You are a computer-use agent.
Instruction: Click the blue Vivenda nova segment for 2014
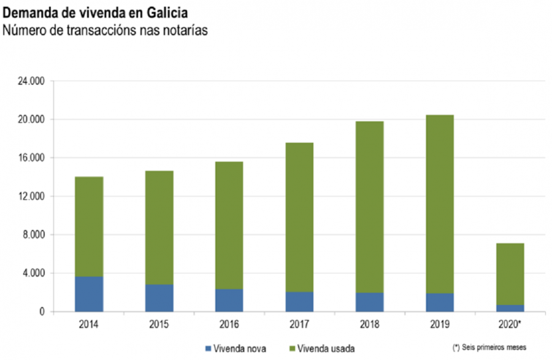click(89, 294)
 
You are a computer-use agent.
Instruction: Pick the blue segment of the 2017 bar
click(299, 302)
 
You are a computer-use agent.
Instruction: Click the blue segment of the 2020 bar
click(510, 308)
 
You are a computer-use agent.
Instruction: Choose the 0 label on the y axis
click(42, 312)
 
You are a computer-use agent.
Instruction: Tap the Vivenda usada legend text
click(330, 348)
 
